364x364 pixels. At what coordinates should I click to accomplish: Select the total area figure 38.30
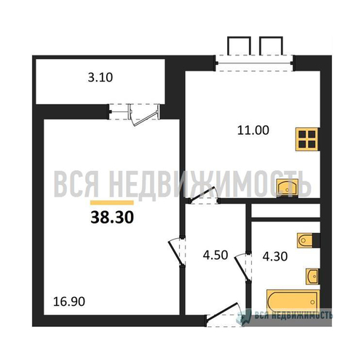(111, 216)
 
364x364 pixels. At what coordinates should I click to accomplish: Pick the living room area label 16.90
(69, 299)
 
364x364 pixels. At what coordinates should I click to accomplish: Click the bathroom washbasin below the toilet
(312, 276)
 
